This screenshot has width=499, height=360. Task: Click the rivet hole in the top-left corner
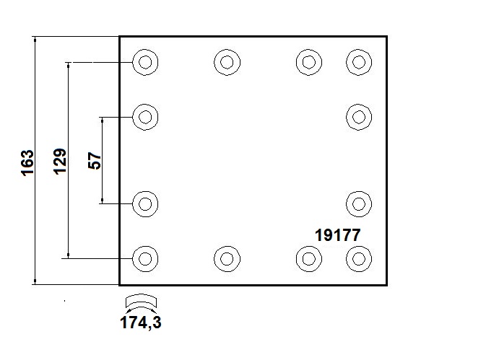coord(145,62)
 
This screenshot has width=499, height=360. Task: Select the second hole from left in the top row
coord(227,62)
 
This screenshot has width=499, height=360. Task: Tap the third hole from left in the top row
coord(308,62)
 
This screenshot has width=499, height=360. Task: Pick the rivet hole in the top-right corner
coord(358,62)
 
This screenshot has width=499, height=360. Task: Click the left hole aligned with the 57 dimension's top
coord(145,116)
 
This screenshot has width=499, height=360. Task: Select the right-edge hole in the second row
coord(358,116)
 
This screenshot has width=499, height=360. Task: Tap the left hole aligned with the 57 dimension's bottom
coord(145,203)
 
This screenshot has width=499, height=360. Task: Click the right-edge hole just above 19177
coord(358,203)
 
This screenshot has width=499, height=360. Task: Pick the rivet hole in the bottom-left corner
coord(145,258)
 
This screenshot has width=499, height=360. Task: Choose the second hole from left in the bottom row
coord(227,258)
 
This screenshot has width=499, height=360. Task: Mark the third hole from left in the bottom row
coord(308,258)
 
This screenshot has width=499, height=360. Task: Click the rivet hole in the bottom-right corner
coord(358,258)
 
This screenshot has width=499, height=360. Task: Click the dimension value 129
coord(60,160)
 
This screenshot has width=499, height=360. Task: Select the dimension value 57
coord(94,160)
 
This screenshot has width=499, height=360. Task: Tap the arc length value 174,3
coord(140,322)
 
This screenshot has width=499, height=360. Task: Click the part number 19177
coord(337,234)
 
